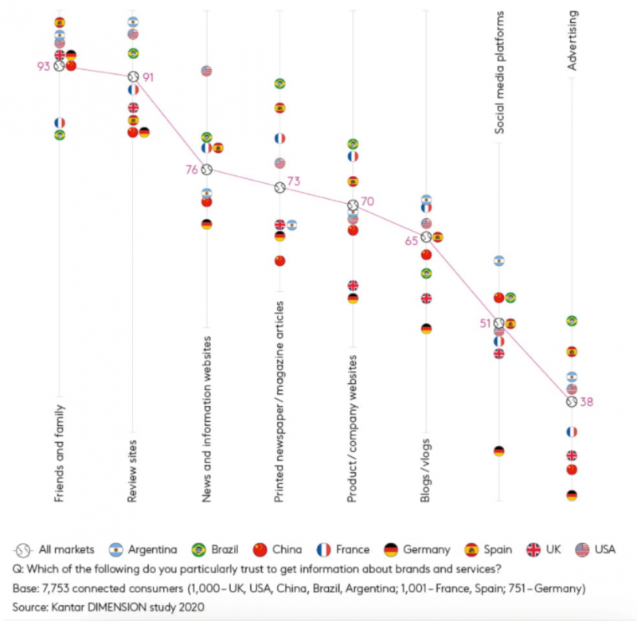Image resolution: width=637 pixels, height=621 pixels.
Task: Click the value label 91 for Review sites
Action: [148, 77]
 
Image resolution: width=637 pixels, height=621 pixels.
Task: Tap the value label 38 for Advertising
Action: [587, 402]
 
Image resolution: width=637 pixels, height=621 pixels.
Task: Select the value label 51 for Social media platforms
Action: [483, 323]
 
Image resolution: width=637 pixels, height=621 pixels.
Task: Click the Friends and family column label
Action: [60, 453]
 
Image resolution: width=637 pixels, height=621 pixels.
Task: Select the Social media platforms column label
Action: [499, 72]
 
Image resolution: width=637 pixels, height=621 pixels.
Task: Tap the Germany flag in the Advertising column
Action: [572, 495]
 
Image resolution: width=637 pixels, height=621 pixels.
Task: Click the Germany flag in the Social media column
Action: [499, 451]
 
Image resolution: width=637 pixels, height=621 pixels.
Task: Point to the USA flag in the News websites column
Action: [206, 71]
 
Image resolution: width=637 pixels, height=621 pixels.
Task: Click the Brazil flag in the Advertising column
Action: [572, 321]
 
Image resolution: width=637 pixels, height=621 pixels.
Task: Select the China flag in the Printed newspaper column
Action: [279, 260]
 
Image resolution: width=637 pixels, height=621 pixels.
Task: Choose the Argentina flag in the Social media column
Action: [499, 260]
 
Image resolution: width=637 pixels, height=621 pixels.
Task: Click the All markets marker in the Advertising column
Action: [572, 402]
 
